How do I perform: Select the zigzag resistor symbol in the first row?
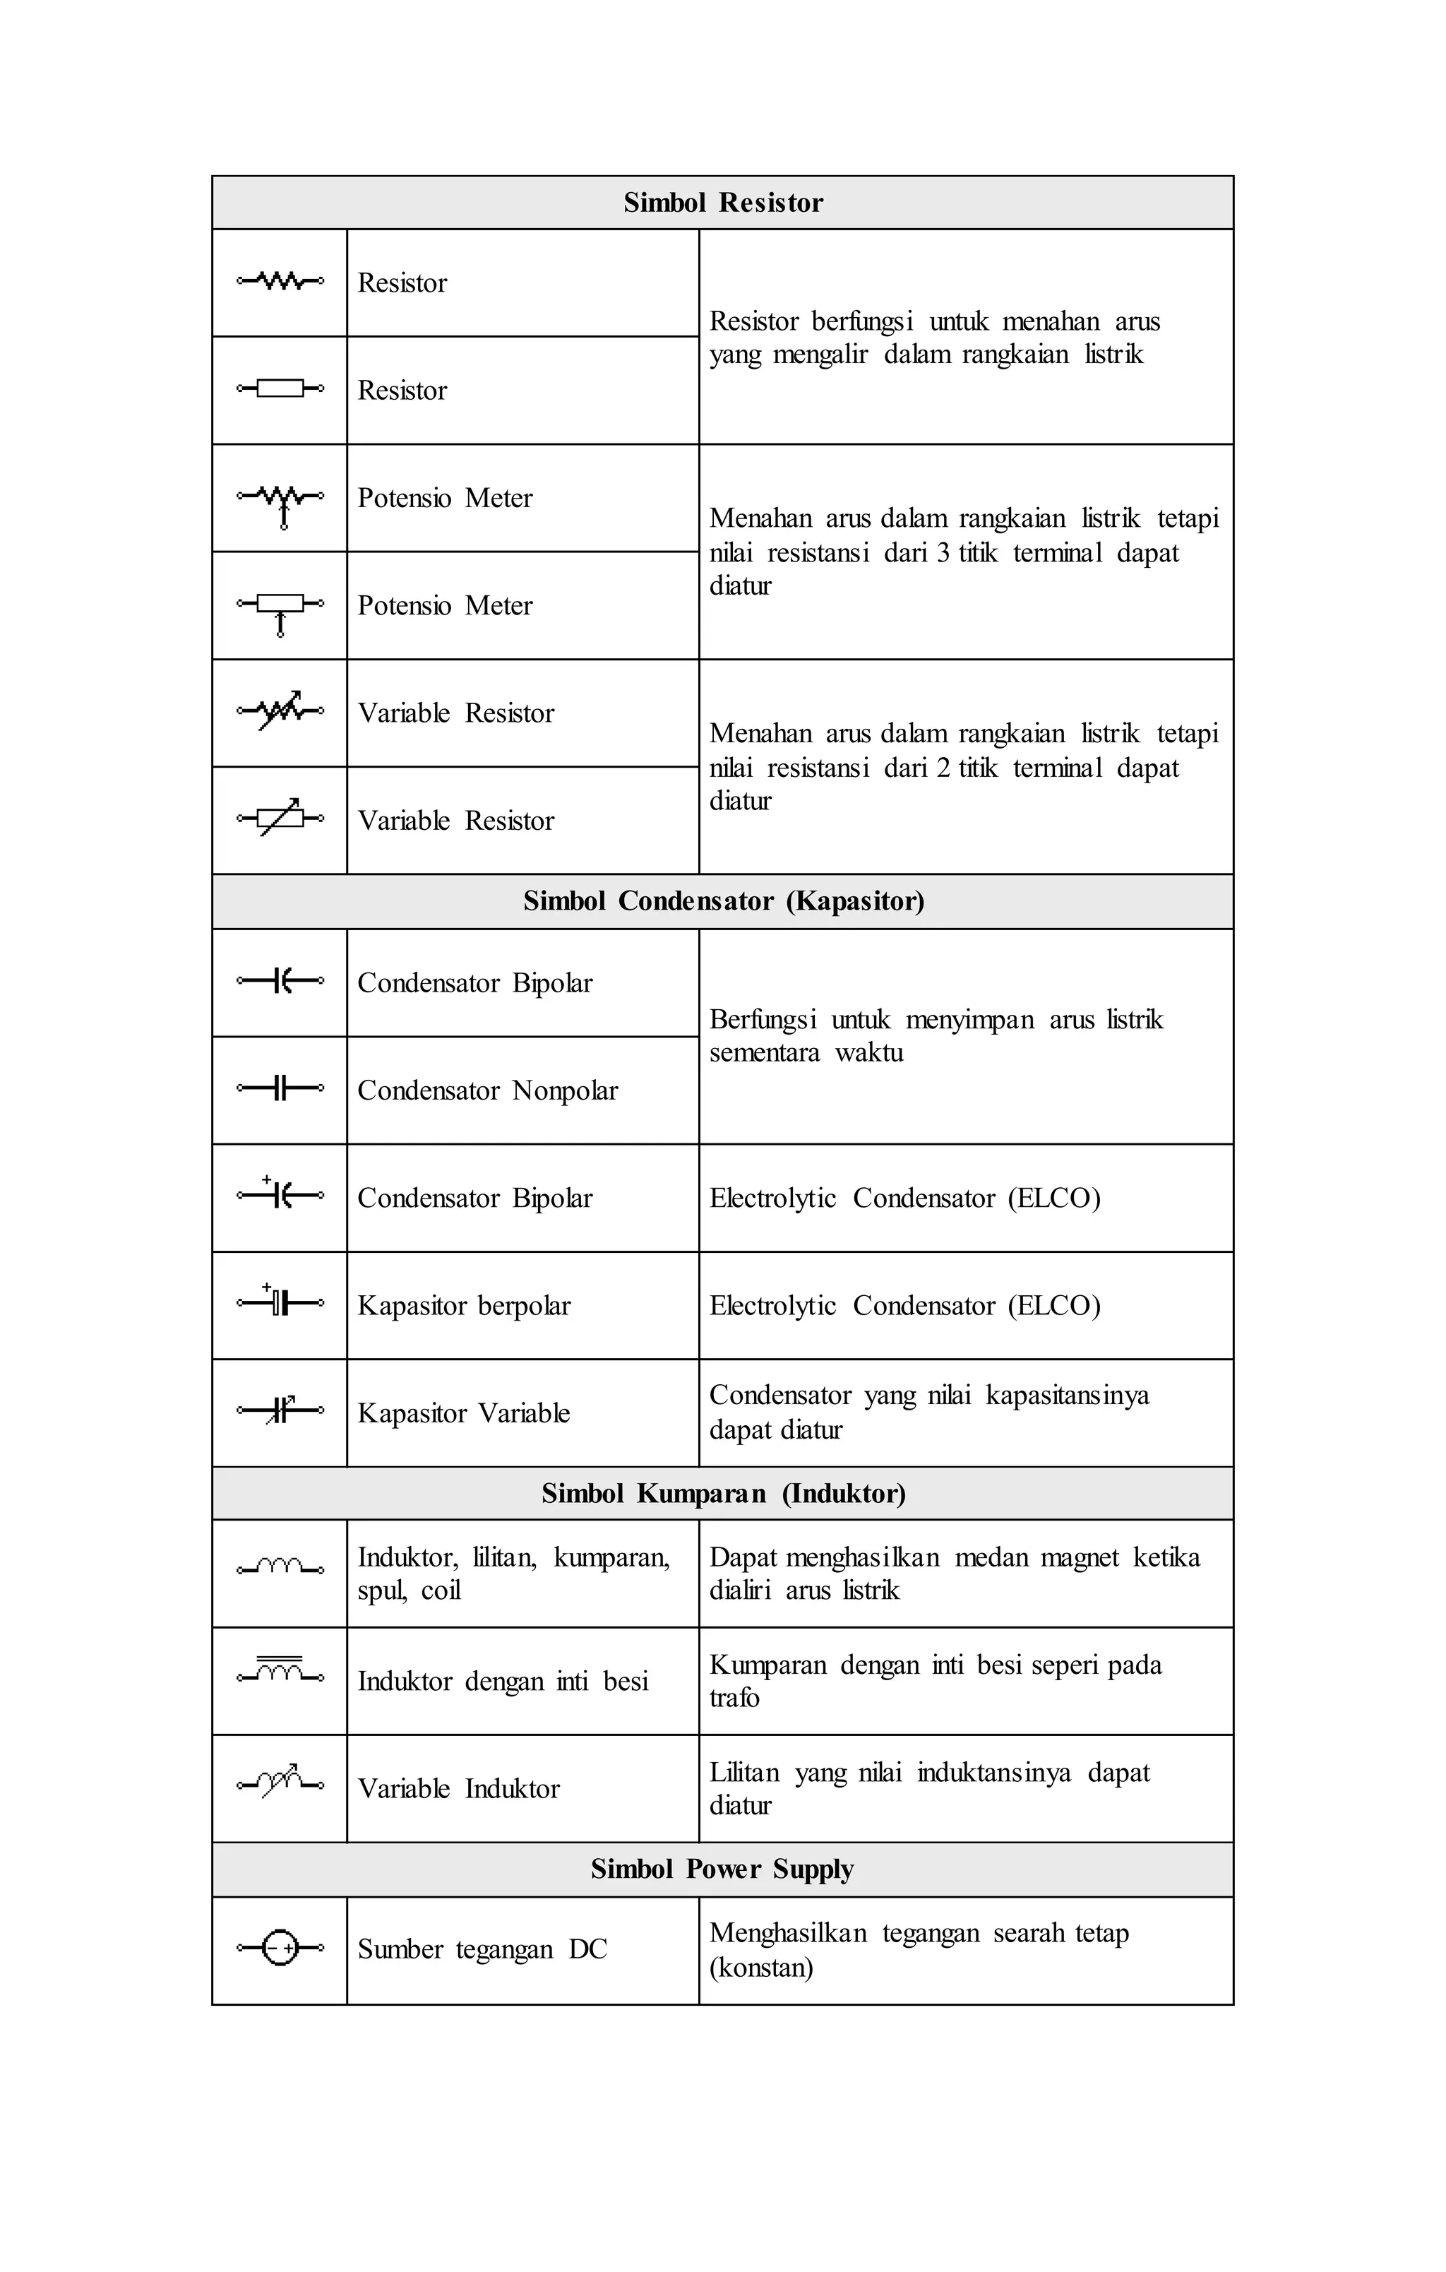[280, 281]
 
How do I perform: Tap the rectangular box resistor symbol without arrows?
[280, 388]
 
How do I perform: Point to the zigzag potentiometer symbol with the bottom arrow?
[281, 500]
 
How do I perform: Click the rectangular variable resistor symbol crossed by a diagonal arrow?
[281, 818]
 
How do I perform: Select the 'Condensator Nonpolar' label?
[486, 1090]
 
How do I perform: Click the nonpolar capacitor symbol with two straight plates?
[280, 1088]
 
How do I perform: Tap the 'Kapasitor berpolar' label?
[463, 1306]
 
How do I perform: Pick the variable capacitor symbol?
[281, 1410]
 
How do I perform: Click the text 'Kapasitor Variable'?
[463, 1413]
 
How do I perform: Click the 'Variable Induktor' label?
[458, 1789]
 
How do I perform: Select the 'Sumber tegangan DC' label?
[482, 1949]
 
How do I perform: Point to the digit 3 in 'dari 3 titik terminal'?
[943, 553]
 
